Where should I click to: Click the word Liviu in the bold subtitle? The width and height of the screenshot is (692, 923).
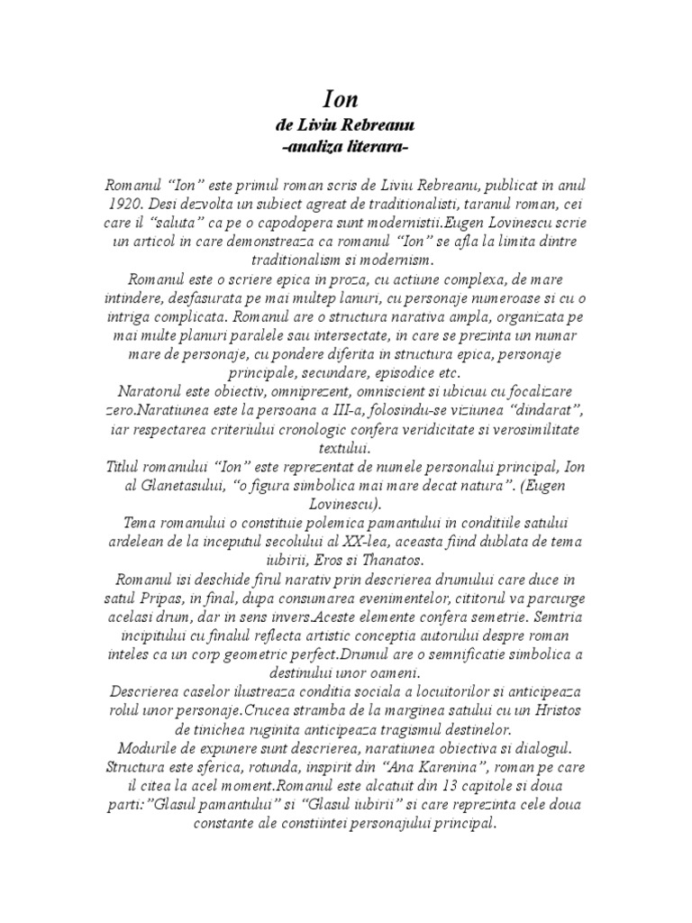pyautogui.click(x=318, y=124)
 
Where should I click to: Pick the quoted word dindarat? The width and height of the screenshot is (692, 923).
pyautogui.click(x=546, y=410)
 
